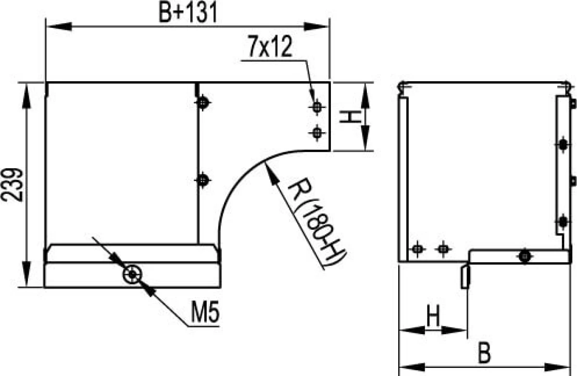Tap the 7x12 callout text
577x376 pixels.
pos(270,46)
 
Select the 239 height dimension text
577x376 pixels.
pos(12,185)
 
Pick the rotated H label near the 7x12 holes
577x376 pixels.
pos(350,117)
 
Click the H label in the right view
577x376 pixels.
pos(433,315)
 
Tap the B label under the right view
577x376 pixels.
pos(484,352)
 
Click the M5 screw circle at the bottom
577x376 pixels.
pos(132,274)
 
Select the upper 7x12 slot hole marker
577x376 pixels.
pos(317,107)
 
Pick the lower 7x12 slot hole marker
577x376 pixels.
pos(317,133)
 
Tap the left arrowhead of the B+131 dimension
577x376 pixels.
pos(59,26)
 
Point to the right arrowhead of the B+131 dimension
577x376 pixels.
pos(316,26)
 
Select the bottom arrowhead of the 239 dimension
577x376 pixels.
pos(26,274)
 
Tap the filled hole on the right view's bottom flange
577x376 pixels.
pos(525,256)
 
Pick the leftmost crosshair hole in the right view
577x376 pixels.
pos(417,249)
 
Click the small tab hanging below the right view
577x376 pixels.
pos(465,277)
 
